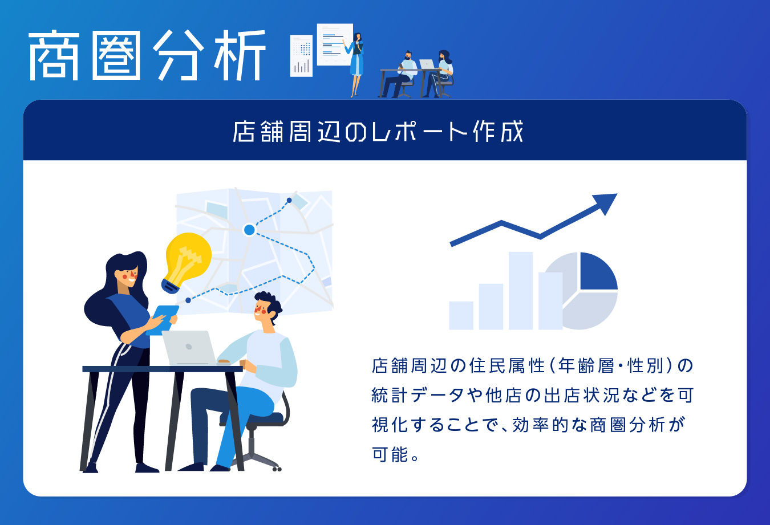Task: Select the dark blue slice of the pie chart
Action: [x=598, y=271]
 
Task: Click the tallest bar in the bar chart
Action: [x=520, y=291]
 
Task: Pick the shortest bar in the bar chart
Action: [x=461, y=315]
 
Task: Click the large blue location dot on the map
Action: [x=249, y=230]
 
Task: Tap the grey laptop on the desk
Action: [x=189, y=347]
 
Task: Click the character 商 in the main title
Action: [x=54, y=55]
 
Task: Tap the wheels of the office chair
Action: [x=277, y=469]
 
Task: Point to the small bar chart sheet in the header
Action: [x=301, y=56]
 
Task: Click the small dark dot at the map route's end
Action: [x=289, y=200]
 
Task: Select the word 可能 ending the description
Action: [x=391, y=454]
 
